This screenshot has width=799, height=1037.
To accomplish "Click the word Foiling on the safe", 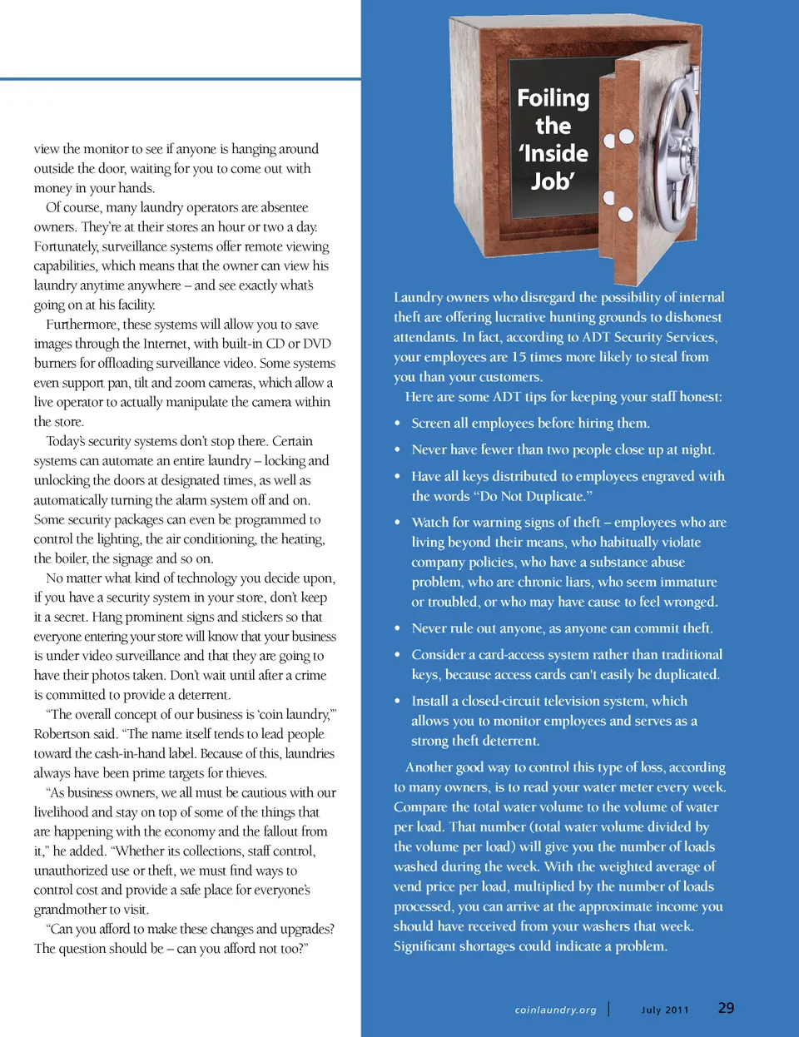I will point(553,98).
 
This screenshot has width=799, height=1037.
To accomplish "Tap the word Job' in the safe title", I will point(553,181).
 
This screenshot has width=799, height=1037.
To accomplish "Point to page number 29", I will point(726,1008).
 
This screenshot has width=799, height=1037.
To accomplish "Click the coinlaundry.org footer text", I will point(555,1010).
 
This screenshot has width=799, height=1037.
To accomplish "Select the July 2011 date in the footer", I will point(665,1010).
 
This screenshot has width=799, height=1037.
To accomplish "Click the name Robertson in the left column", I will point(63,734).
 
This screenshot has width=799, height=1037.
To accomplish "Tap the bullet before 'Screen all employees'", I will point(398,424).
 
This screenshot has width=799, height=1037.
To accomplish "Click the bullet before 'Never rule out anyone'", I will point(398,628).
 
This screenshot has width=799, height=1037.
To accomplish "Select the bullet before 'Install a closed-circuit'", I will point(398,702).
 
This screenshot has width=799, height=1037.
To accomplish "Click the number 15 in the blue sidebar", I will point(519,357).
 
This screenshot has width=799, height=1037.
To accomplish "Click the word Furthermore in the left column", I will point(81,325).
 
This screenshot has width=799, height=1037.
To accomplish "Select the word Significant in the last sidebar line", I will point(427,946).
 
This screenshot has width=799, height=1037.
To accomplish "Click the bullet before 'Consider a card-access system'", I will point(398,655).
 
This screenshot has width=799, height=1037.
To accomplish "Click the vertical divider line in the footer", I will point(608,1009).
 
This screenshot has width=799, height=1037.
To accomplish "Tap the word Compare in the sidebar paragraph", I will point(420,807).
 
